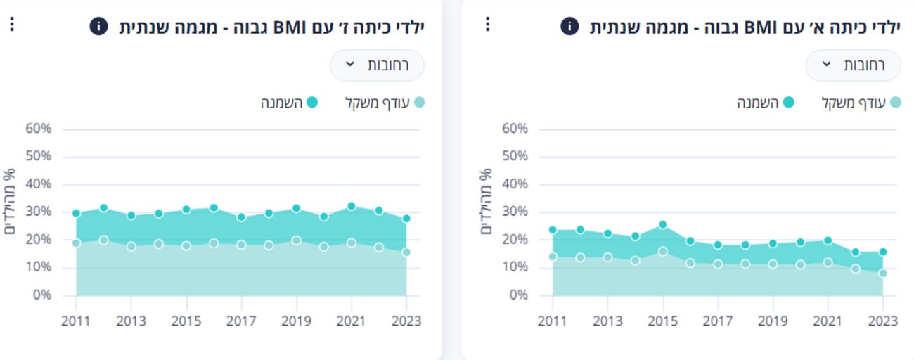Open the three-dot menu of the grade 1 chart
[488, 25]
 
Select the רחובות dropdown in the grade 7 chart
[378, 65]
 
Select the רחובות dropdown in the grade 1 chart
[853, 65]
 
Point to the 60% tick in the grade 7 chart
[38, 129]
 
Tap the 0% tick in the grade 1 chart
[518, 295]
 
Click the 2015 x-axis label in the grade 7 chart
[186, 321]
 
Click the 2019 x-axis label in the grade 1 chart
[773, 321]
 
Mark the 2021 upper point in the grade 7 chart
[352, 207]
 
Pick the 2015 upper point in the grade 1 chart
[662, 225]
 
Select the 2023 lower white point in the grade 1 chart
[882, 274]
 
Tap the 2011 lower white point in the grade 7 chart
[76, 243]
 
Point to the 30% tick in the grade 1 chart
[515, 212]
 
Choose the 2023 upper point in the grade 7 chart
[406, 219]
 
